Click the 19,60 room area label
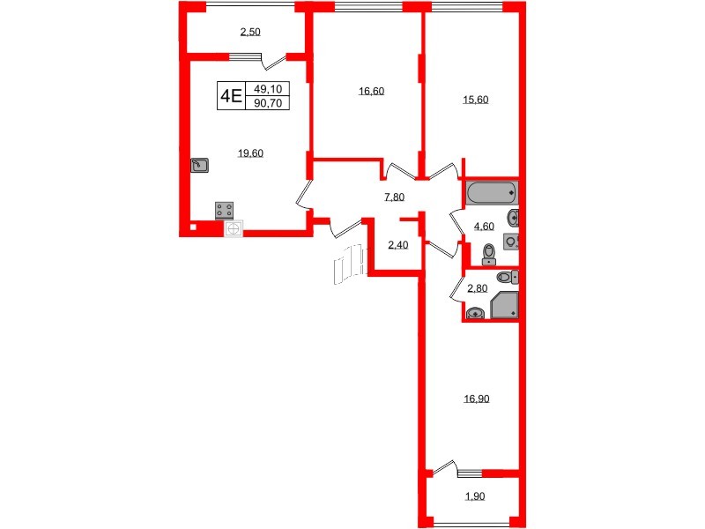click(251, 153)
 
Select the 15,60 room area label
click(476, 99)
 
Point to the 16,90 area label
click(476, 399)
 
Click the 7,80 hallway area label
click(394, 197)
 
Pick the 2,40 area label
click(397, 245)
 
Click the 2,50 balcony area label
click(250, 32)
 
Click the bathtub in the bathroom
click(492, 192)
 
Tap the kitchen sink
click(200, 164)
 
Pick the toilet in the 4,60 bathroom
click(490, 255)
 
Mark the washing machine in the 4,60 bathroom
click(510, 242)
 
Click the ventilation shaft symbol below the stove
click(234, 228)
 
